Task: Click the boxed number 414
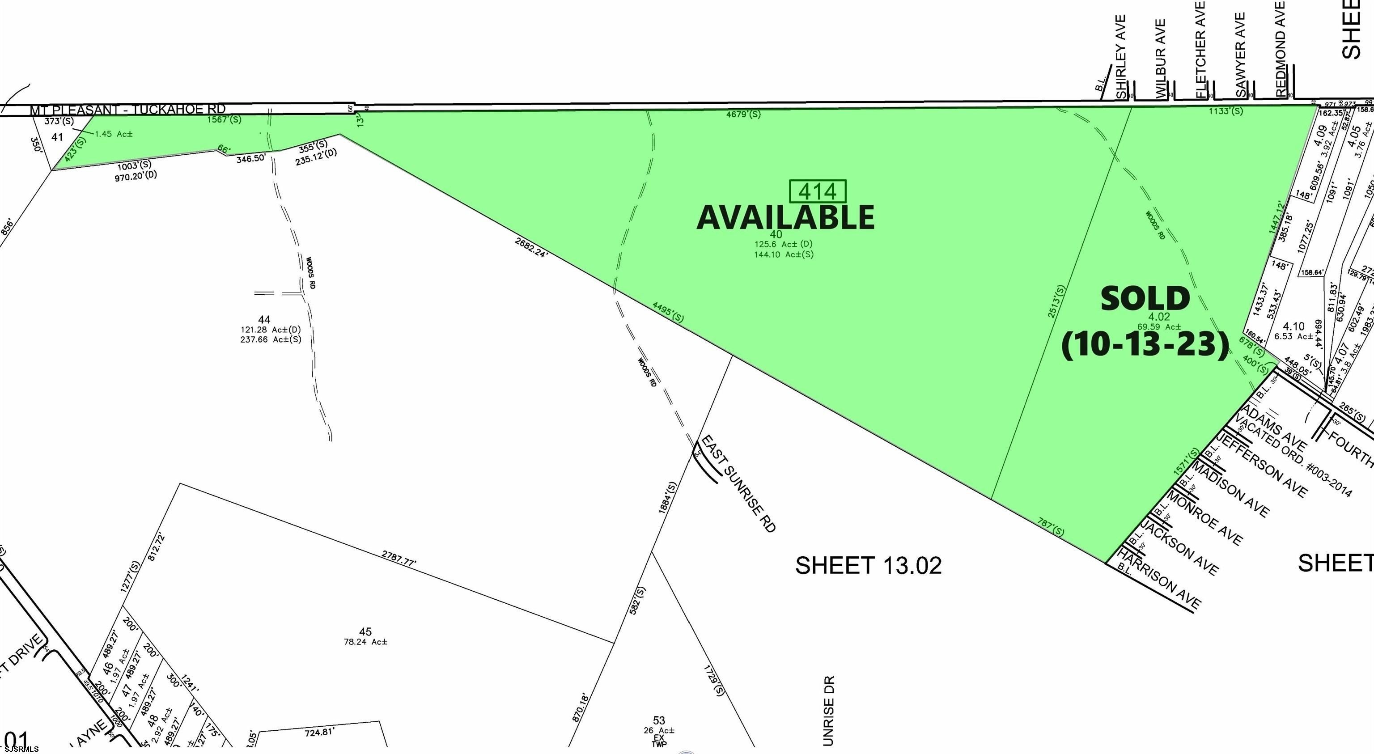pyautogui.click(x=817, y=191)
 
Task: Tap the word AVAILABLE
pyautogui.click(x=785, y=217)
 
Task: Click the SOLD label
pyautogui.click(x=1145, y=299)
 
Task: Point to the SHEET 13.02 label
pyautogui.click(x=868, y=566)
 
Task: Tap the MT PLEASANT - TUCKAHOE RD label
pyautogui.click(x=127, y=110)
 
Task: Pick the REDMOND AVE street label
pyautogui.click(x=1281, y=49)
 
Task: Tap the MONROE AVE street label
pyautogui.click(x=1204, y=517)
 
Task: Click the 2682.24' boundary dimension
pyautogui.click(x=531, y=247)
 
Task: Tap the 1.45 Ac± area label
pyautogui.click(x=114, y=134)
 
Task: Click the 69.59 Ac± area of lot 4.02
pyautogui.click(x=1158, y=327)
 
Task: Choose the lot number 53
pyautogui.click(x=659, y=720)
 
